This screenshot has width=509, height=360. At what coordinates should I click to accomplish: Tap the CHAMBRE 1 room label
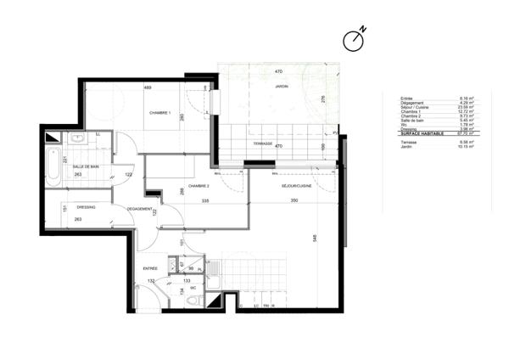point(160,114)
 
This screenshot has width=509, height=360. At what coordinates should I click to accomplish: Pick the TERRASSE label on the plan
point(262,144)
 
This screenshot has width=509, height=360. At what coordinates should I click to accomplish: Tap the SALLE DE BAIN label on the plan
point(86,166)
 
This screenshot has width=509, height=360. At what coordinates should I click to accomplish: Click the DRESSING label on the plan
point(85,206)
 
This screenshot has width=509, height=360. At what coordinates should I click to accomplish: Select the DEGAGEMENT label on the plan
point(139,209)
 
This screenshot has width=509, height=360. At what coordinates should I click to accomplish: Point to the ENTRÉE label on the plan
point(151,268)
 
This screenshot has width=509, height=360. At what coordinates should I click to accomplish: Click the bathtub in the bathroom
point(53,166)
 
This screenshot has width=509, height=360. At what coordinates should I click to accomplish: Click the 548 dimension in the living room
point(315,240)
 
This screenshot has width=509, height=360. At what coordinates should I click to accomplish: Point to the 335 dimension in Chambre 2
point(204,201)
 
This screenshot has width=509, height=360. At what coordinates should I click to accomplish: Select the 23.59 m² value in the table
point(466,107)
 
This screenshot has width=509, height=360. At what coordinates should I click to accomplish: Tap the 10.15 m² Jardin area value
point(466,147)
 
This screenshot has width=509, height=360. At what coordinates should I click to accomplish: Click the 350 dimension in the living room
point(294,201)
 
